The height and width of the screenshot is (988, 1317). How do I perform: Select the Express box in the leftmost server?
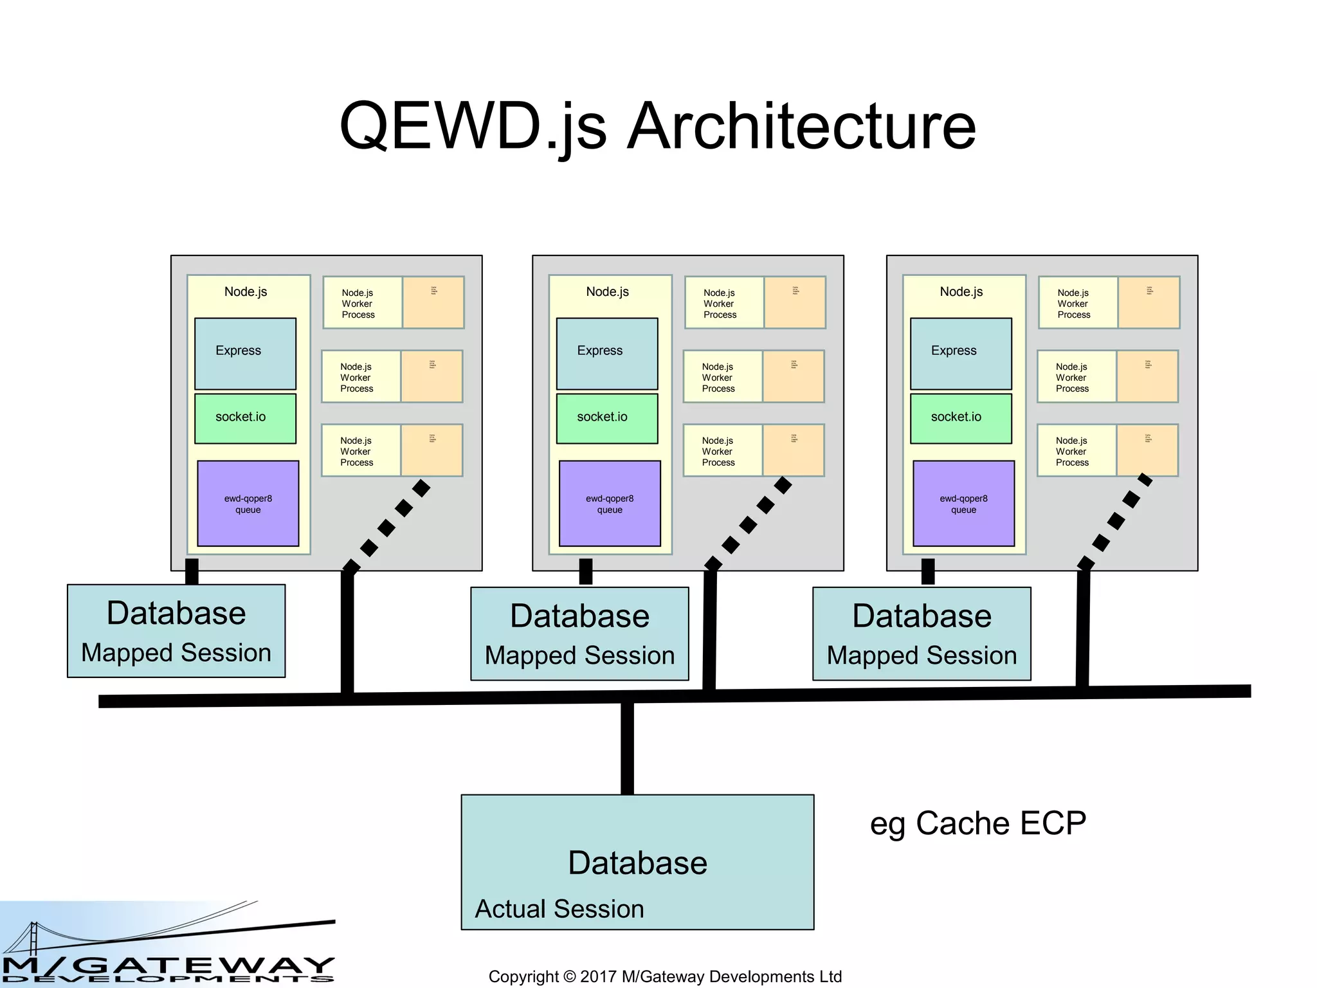[245, 353]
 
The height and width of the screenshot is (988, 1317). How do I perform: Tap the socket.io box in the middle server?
[606, 418]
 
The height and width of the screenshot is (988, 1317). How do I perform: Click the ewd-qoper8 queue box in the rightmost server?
[963, 504]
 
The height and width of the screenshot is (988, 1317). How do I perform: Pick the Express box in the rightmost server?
[961, 353]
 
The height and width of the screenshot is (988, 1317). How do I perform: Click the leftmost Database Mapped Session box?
[176, 631]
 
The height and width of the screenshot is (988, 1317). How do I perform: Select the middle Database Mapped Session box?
[579, 634]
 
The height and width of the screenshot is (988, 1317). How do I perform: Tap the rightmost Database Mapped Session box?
[922, 634]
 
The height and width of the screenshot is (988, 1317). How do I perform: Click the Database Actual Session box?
[637, 862]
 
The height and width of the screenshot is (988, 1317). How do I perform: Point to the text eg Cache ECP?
[977, 823]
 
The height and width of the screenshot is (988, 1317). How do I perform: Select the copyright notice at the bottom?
[665, 976]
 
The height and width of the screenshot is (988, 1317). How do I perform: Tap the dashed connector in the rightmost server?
[1116, 521]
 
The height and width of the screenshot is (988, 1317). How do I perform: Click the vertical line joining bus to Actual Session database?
[627, 749]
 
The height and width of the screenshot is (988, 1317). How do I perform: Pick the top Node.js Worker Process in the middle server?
[755, 303]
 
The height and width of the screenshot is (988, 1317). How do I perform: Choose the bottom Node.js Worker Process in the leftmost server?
[392, 450]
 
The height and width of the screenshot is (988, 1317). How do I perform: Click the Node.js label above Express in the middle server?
[607, 291]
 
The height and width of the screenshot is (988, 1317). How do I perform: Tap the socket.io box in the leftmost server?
[245, 418]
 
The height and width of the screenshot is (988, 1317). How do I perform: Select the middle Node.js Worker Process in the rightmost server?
[1107, 377]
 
